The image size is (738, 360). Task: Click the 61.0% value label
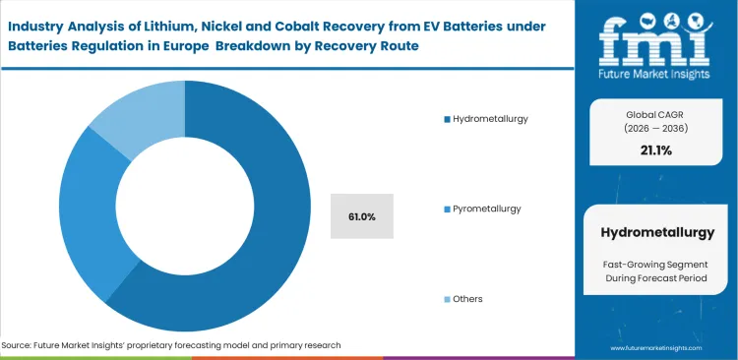(362, 215)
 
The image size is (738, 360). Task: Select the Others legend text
(467, 298)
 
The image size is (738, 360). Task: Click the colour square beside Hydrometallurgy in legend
(446, 119)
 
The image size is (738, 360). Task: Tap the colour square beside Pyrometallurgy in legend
(446, 209)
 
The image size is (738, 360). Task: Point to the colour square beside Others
(446, 298)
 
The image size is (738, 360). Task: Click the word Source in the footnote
(19, 345)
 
